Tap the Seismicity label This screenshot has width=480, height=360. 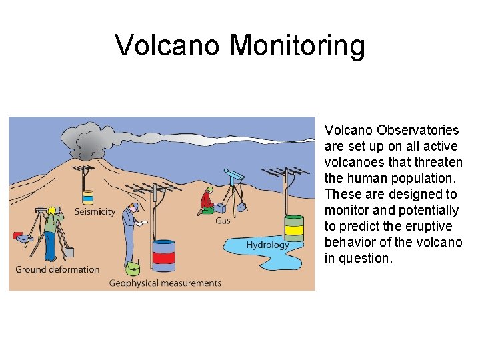(x=95, y=212)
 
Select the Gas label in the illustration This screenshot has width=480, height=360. (x=223, y=221)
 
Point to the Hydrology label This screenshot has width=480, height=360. (x=267, y=245)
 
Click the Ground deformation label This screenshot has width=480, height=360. (x=57, y=269)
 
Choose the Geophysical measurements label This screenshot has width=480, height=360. (x=165, y=283)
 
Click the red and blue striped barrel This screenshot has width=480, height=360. (x=163, y=255)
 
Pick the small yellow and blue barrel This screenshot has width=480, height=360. (x=88, y=197)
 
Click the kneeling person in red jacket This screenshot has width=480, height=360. (x=207, y=201)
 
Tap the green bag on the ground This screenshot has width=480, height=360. (x=133, y=268)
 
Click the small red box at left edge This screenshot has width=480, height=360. (x=17, y=235)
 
